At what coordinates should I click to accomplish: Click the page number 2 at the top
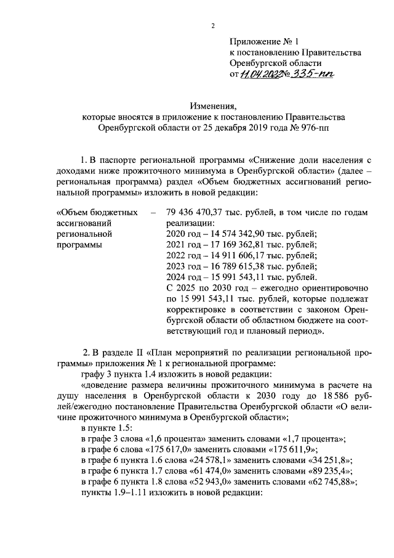point(212,25)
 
